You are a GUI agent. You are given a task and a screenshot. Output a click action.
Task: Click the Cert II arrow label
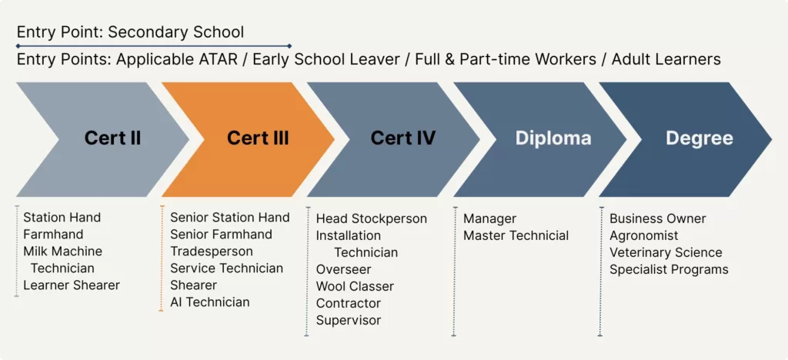pyautogui.click(x=112, y=138)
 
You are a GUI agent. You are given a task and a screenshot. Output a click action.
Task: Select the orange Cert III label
pyautogui.click(x=258, y=138)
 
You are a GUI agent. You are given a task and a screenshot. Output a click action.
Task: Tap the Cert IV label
pyautogui.click(x=403, y=138)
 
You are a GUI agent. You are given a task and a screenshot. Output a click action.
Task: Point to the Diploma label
pyautogui.click(x=553, y=138)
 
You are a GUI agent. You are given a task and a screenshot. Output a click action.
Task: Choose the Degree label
pyautogui.click(x=699, y=138)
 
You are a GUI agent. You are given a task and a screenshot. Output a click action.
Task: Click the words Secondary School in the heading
pyautogui.click(x=176, y=32)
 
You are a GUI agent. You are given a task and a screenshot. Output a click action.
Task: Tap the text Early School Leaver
pyautogui.click(x=326, y=59)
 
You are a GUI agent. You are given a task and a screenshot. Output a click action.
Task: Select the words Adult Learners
pyautogui.click(x=666, y=59)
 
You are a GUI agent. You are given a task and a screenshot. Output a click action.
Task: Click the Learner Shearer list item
pyautogui.click(x=72, y=285)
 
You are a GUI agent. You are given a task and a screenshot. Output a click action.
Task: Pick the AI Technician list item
pyautogui.click(x=210, y=302)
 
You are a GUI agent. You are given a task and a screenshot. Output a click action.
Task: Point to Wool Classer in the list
pyautogui.click(x=355, y=286)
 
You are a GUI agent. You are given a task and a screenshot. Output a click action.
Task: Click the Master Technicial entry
pyautogui.click(x=516, y=235)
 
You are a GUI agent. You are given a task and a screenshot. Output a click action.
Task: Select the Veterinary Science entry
pyautogui.click(x=666, y=252)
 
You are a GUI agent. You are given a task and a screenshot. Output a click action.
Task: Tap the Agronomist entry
pyautogui.click(x=644, y=236)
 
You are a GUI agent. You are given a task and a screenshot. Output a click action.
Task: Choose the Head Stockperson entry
pyautogui.click(x=372, y=219)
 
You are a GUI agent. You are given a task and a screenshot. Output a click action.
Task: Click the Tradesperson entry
pyautogui.click(x=212, y=251)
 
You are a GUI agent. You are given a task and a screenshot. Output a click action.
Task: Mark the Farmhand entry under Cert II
pyautogui.click(x=53, y=235)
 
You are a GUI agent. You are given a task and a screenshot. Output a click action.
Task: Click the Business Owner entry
pyautogui.click(x=658, y=219)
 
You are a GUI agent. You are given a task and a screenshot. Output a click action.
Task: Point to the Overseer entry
pyautogui.click(x=344, y=269)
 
